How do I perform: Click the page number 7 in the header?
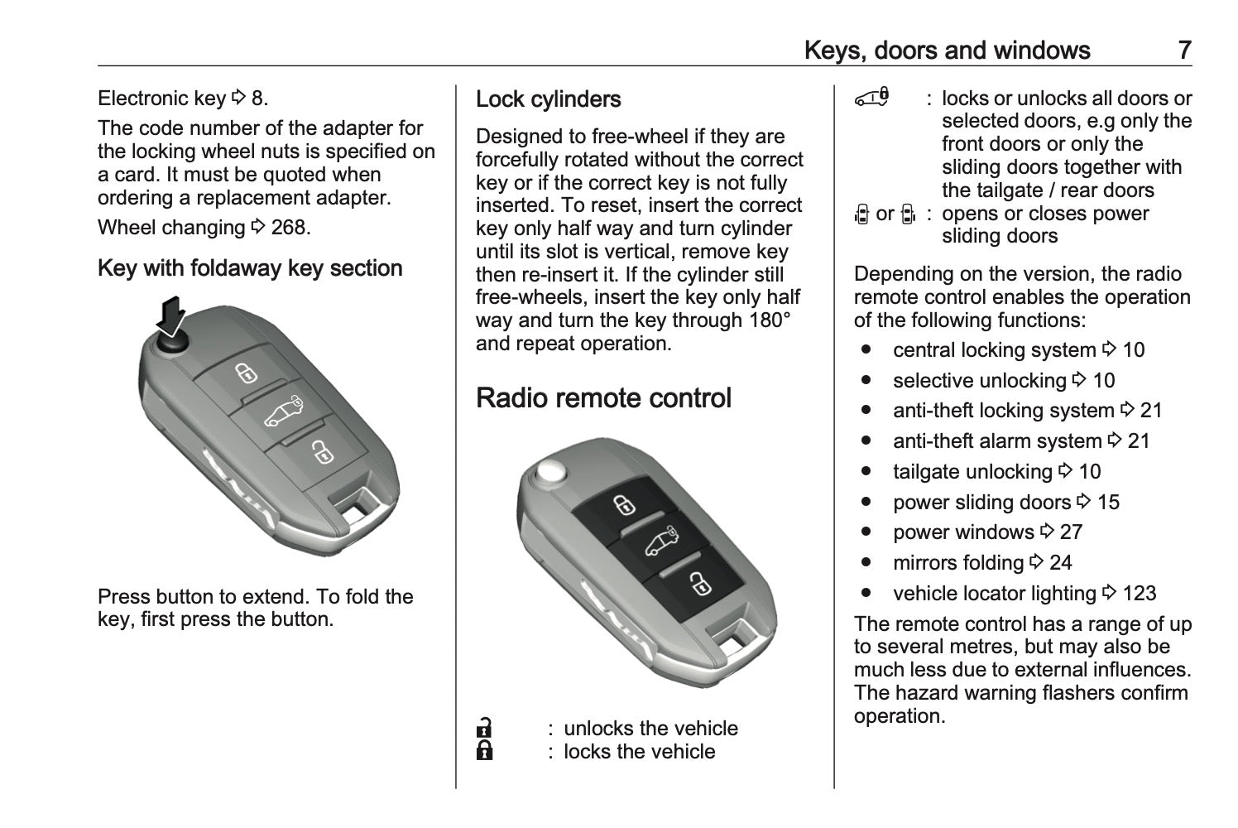1184,51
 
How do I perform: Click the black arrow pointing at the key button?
171,316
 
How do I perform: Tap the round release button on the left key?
172,344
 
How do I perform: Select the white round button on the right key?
552,472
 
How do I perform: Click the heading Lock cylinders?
549,99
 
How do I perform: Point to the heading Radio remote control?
603,397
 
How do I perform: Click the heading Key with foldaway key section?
250,268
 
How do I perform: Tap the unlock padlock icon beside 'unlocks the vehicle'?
484,728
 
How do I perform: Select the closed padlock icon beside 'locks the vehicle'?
484,750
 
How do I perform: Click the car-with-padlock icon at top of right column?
872,98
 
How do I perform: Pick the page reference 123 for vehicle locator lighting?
1140,594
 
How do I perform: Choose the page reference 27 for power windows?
1071,532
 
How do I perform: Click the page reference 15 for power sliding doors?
1108,503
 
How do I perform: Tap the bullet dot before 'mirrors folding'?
866,562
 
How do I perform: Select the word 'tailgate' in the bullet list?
926,472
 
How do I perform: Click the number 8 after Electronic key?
257,99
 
